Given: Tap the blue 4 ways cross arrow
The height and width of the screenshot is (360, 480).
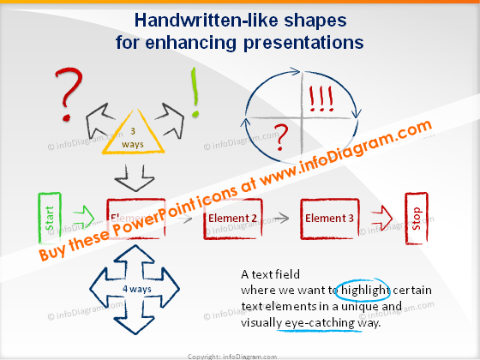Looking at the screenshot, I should click(126, 288).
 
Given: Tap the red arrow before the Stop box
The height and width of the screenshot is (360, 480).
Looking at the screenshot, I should click(378, 220).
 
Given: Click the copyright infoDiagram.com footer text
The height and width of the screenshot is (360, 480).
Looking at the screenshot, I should click(239, 353).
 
